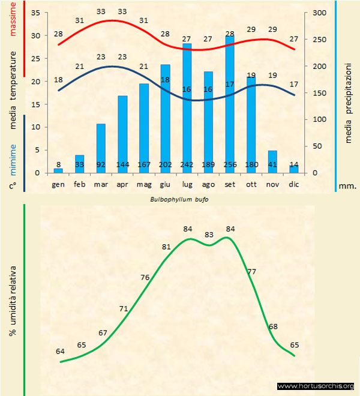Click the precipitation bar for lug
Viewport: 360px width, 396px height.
[x=187, y=108]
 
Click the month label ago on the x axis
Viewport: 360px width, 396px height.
[x=208, y=185]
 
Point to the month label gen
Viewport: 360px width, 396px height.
[x=58, y=185]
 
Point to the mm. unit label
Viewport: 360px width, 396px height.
[x=347, y=186]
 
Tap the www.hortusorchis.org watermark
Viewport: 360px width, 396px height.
[x=317, y=386]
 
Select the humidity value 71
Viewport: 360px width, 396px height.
[x=124, y=309]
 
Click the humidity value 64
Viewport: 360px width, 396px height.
[x=60, y=351]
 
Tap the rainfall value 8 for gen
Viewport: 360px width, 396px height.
[x=58, y=165]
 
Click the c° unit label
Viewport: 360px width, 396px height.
[x=12, y=186]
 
